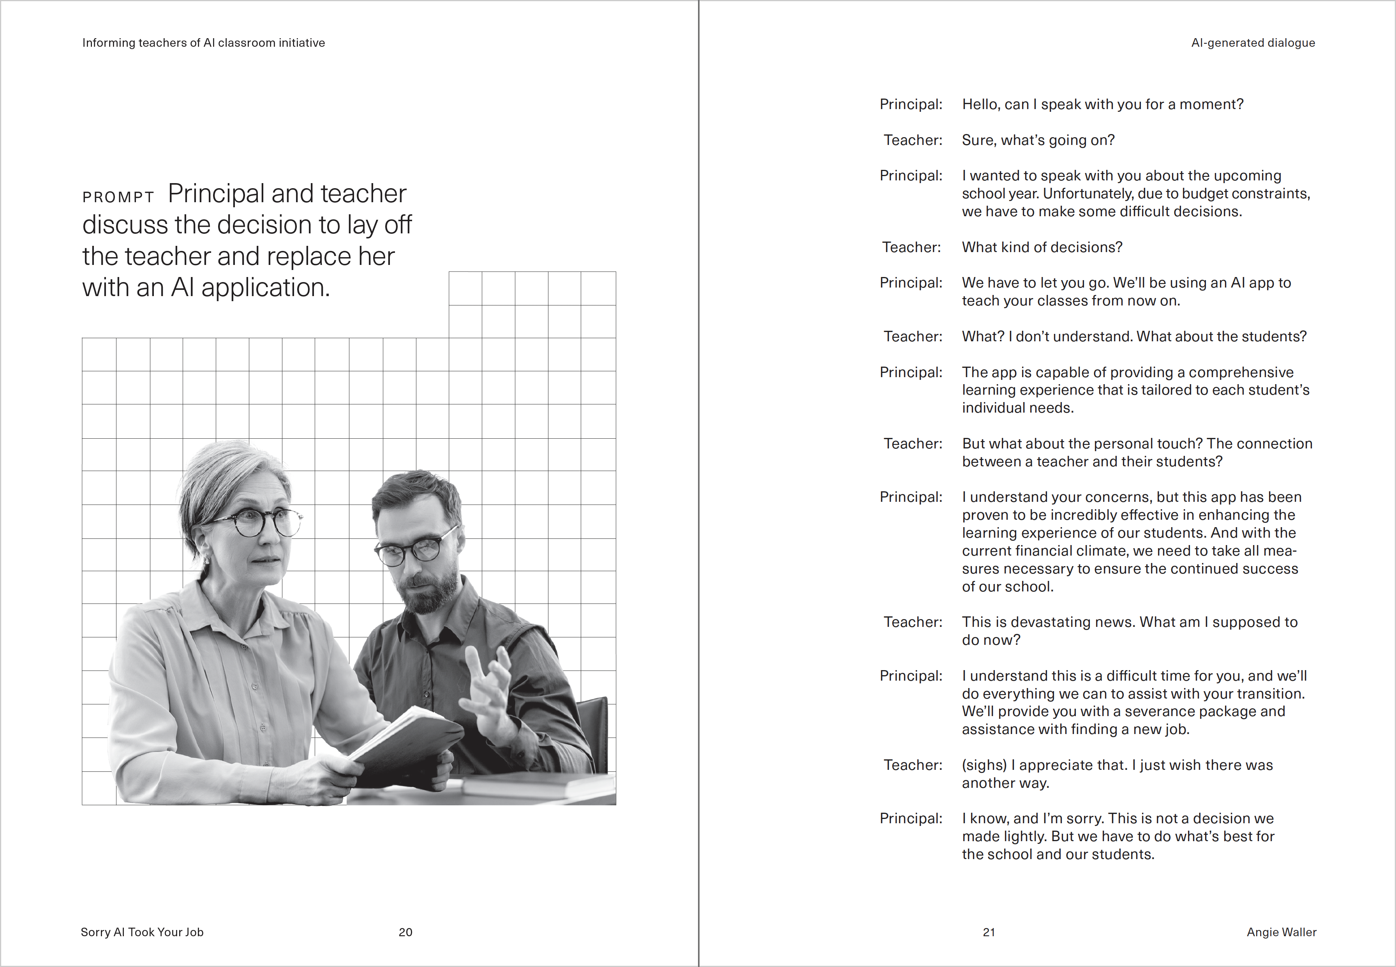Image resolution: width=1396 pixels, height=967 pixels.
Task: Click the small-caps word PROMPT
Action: tap(118, 197)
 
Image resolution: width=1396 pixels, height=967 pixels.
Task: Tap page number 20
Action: tap(405, 932)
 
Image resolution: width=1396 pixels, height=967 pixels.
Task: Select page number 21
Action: tap(989, 932)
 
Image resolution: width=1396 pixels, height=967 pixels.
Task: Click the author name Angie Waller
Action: tap(1281, 932)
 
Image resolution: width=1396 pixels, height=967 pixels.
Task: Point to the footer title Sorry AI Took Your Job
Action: tap(142, 932)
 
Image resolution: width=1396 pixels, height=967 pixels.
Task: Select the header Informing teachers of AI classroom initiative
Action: tap(203, 43)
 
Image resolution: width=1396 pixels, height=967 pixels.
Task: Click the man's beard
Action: tap(430, 591)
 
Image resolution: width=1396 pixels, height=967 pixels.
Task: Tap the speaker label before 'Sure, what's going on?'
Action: tap(913, 140)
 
